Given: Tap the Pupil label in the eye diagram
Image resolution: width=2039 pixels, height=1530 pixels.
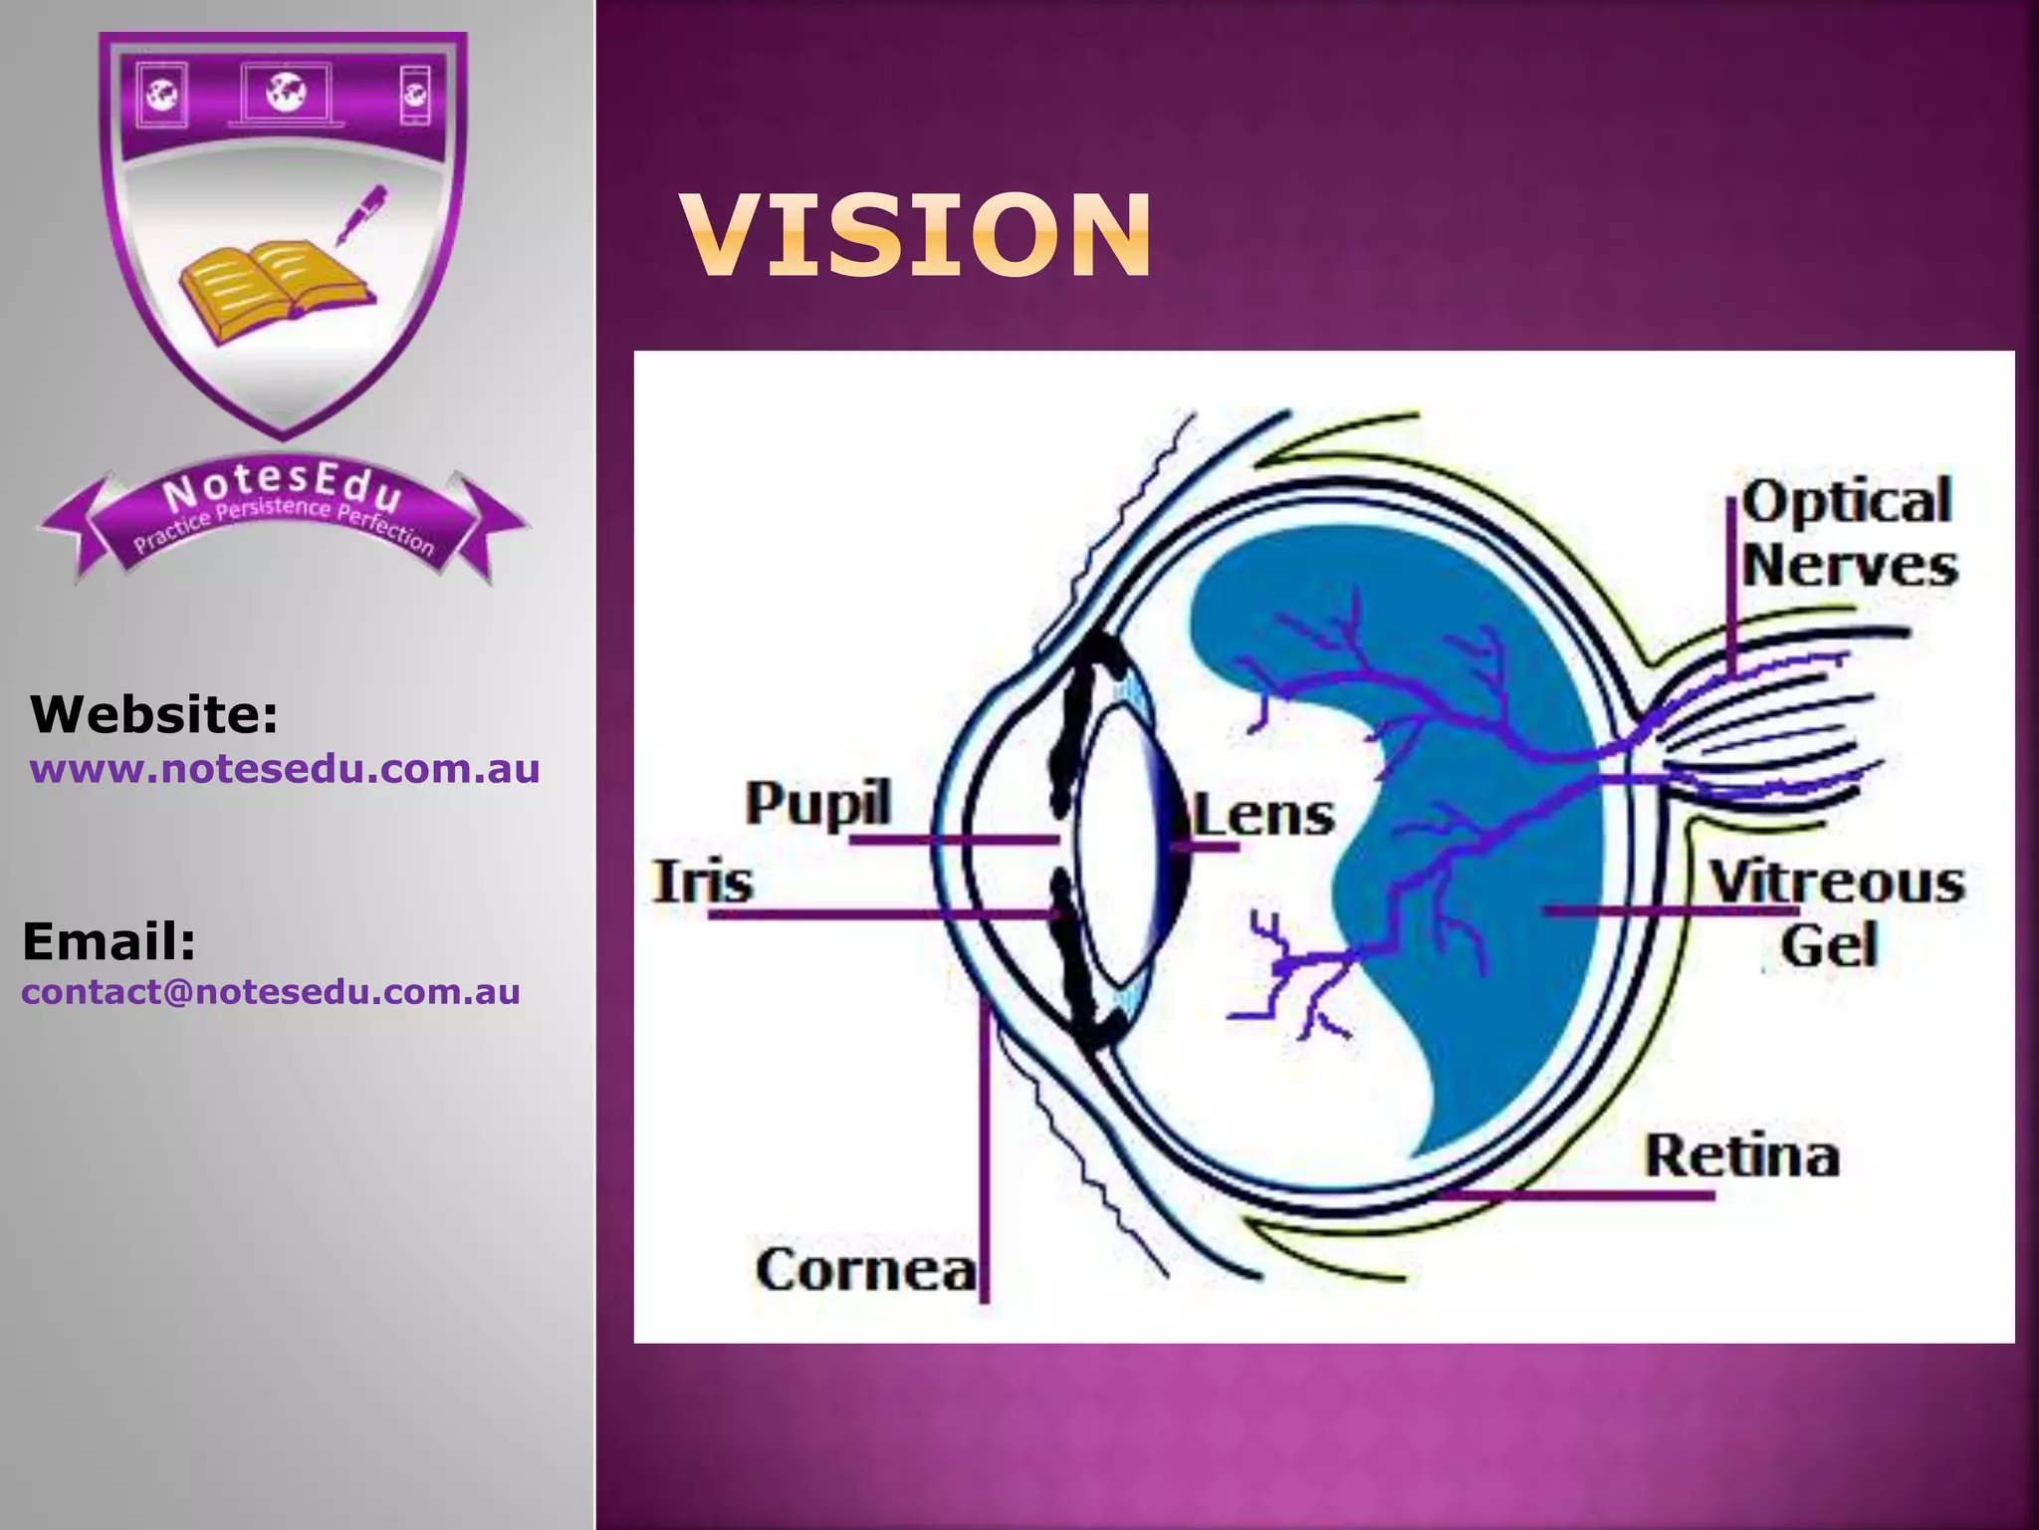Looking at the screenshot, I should click(818, 804).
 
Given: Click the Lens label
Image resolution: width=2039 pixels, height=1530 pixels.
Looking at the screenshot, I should click(1264, 815).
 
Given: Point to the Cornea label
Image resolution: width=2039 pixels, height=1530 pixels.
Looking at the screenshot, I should click(865, 1270).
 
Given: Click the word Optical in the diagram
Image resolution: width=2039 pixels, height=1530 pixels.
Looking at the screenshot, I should click(1847, 501).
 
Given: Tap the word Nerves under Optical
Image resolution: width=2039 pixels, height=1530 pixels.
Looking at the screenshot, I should click(1850, 566).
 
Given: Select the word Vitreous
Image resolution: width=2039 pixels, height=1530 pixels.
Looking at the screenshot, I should click(1837, 883).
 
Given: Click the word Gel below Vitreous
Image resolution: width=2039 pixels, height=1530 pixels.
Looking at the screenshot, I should click(1829, 945).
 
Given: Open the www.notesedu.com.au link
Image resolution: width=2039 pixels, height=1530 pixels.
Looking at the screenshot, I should click(285, 769).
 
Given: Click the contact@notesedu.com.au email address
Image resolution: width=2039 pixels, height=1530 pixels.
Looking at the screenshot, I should click(271, 992).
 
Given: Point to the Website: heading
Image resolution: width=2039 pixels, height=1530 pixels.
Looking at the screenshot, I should click(154, 714).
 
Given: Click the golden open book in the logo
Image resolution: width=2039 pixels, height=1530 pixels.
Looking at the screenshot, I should click(274, 289).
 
